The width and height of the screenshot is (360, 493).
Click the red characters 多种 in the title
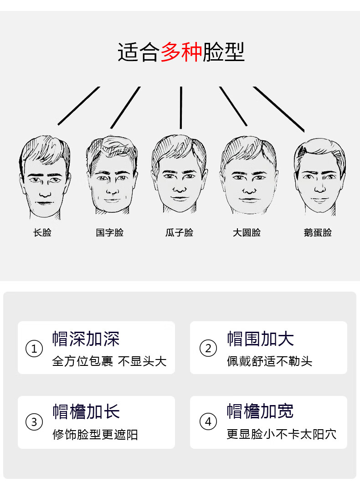[x=181, y=52]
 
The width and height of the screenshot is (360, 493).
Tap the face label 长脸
[x=42, y=232]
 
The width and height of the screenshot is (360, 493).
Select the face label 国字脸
[x=110, y=232]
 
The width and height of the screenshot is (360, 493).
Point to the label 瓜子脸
[x=179, y=232]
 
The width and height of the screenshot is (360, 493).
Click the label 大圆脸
[x=247, y=232]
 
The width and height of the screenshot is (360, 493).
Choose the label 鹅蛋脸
[x=318, y=232]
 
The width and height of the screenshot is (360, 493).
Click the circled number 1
[x=34, y=349]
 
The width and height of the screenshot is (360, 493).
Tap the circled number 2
[x=208, y=349]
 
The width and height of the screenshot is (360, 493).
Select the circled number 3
[x=34, y=422]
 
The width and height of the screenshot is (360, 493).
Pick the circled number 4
[x=208, y=421]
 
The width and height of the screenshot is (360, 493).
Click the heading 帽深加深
[x=86, y=339]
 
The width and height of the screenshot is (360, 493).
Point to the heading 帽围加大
[x=260, y=339]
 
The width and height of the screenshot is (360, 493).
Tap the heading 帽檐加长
[x=86, y=411]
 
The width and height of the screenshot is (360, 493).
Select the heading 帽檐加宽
[x=260, y=411]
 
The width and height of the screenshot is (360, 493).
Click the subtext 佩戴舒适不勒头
[x=269, y=362]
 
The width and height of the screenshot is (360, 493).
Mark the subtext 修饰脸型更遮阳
[x=95, y=435]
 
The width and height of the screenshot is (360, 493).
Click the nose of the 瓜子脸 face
[x=180, y=187]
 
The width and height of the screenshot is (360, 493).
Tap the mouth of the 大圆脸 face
[x=249, y=200]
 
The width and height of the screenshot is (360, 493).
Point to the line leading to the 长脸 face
[x=78, y=106]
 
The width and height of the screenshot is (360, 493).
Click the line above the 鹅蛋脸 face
[x=279, y=109]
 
